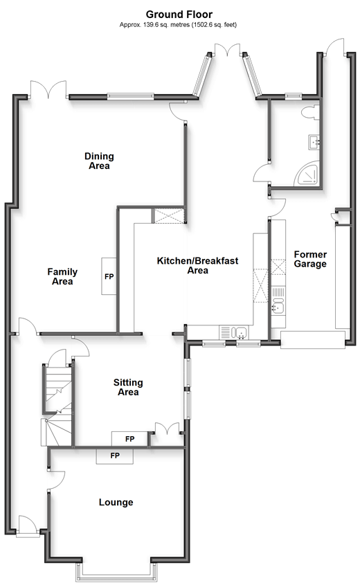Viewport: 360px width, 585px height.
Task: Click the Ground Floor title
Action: (x=179, y=15)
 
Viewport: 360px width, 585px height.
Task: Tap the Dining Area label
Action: (x=99, y=161)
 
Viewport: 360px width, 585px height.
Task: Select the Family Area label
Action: (x=62, y=276)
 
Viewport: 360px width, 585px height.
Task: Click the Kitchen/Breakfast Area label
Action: (x=197, y=265)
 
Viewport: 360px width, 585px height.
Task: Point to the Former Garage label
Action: (x=310, y=260)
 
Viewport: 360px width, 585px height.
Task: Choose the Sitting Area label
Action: (x=128, y=387)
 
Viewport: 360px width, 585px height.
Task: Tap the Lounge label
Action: (x=116, y=502)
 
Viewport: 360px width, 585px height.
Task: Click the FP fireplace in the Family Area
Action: (x=109, y=276)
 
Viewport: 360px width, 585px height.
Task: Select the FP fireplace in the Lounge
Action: (x=115, y=456)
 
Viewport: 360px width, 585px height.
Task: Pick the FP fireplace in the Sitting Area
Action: (x=129, y=439)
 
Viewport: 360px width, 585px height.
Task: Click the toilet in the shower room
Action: (x=311, y=112)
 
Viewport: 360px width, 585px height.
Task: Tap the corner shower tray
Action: (x=307, y=174)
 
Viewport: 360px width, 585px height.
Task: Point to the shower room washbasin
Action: (x=314, y=142)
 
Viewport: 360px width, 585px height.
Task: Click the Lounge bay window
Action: (x=116, y=573)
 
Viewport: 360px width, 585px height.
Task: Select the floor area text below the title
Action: (x=178, y=25)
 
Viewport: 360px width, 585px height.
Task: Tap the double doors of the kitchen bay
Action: (x=227, y=51)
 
